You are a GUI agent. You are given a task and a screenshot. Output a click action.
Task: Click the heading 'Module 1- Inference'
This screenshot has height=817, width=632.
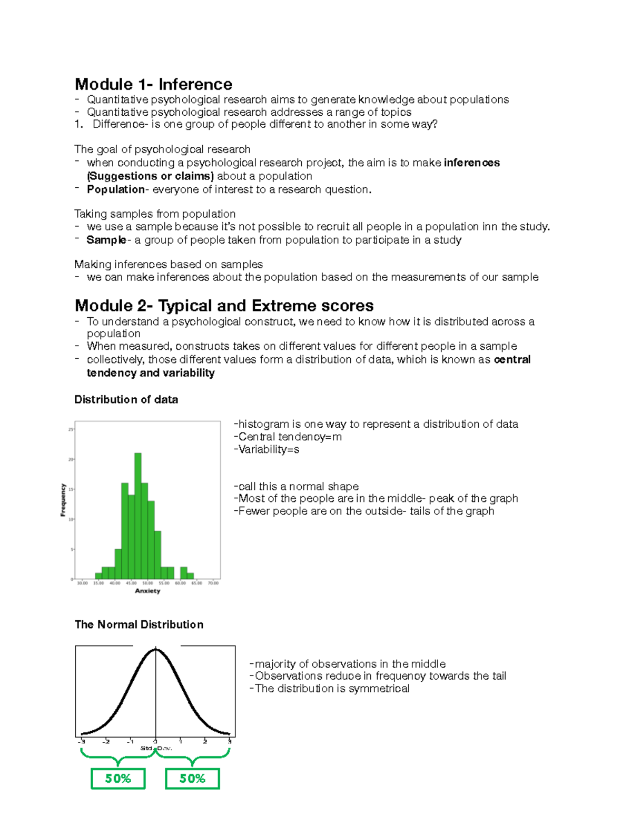coord(153,84)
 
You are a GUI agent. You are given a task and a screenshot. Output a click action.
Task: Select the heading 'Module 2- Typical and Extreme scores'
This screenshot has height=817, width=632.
coord(224,306)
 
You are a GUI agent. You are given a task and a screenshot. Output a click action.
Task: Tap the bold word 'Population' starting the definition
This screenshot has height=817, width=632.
coord(115,189)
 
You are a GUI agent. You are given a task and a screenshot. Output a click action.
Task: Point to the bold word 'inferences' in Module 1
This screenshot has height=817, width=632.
coord(471,163)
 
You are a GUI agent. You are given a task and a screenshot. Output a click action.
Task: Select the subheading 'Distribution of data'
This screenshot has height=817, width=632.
coord(126,400)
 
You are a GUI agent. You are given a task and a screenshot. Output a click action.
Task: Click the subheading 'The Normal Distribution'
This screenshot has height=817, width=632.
coord(139,624)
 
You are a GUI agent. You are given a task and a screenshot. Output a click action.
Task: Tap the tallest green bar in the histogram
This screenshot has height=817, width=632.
coord(138,516)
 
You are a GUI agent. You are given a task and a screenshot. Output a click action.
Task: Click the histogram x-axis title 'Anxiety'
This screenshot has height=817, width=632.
coord(147,591)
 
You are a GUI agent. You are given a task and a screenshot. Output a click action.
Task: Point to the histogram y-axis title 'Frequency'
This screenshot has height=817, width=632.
coord(63,500)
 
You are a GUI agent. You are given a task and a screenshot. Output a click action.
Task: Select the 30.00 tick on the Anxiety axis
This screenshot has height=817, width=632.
coord(83,583)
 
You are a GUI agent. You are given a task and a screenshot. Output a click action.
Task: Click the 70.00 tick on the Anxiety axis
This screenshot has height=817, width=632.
coord(213,583)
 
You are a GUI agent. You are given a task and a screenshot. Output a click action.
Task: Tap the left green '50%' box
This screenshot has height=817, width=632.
coord(118,779)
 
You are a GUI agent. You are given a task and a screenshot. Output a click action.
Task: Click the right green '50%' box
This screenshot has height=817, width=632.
coord(192,779)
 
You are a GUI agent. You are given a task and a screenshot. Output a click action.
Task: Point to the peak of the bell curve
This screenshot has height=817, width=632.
coord(155,650)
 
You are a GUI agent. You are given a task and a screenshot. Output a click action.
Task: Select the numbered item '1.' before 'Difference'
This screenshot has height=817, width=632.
coord(78,124)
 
